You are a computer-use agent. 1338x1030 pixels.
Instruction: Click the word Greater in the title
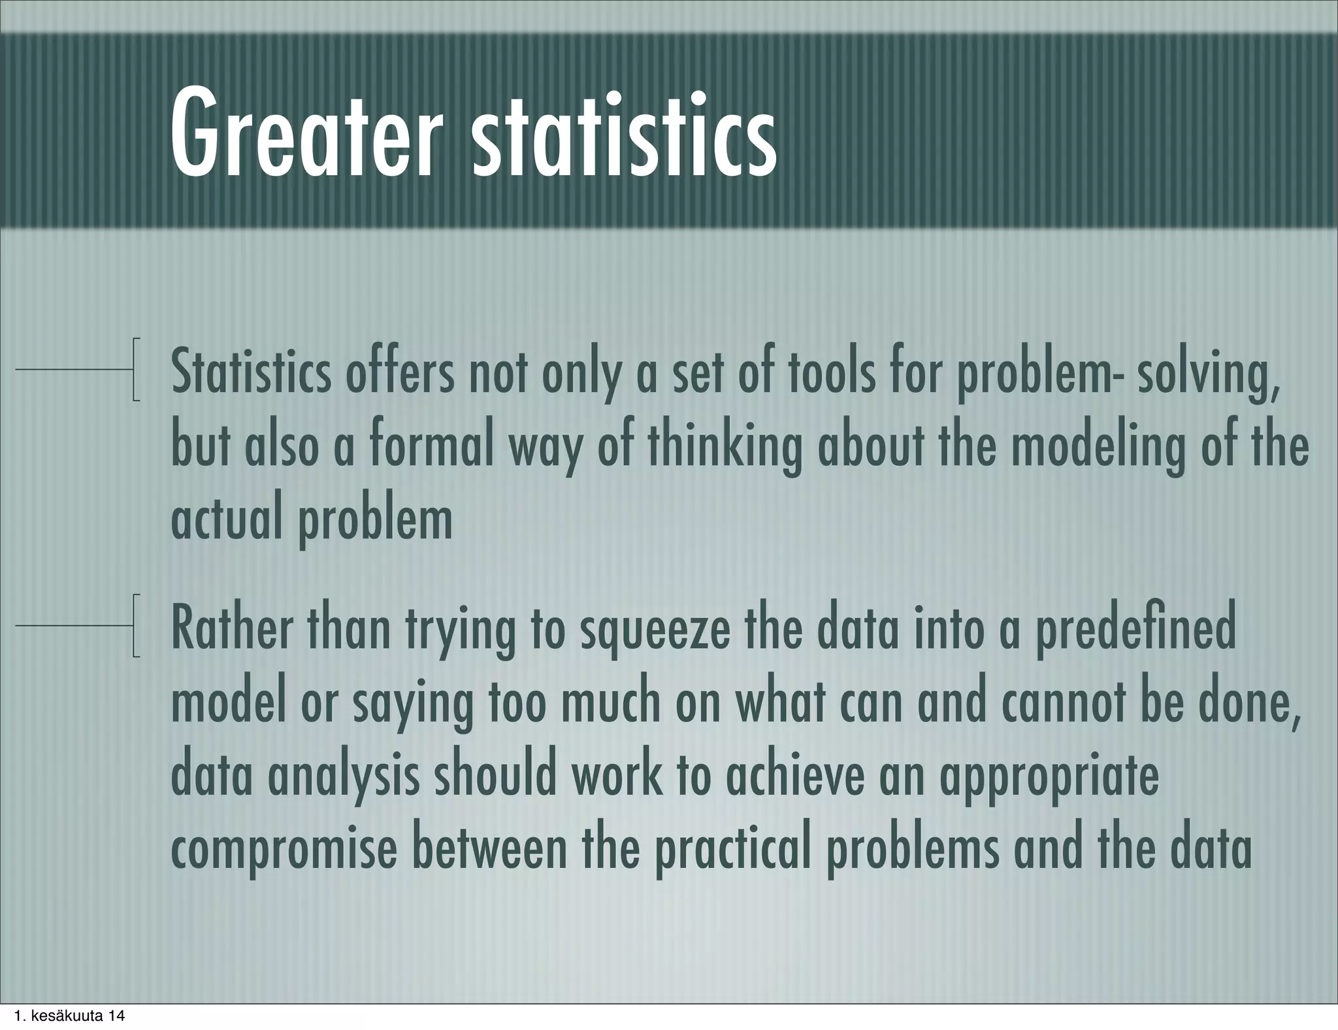301,134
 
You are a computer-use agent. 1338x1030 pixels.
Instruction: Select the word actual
221,520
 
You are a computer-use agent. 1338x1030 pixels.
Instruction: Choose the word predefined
1136,631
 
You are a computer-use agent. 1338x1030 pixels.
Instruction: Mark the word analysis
344,776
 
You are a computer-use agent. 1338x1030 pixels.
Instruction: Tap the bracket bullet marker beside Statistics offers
136,369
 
